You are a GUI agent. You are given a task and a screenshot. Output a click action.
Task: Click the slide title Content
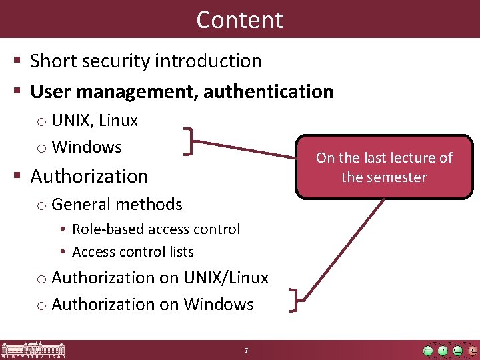(x=239, y=19)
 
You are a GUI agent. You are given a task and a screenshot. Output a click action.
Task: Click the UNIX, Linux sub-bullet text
(x=94, y=121)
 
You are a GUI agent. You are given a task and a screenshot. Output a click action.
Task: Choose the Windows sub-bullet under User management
(x=86, y=147)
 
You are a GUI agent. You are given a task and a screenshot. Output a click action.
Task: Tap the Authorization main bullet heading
(x=89, y=176)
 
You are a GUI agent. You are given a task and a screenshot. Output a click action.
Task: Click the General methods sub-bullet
(x=116, y=204)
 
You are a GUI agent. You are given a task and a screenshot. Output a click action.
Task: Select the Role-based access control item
(x=155, y=229)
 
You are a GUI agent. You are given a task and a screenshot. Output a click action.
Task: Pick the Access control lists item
(x=133, y=252)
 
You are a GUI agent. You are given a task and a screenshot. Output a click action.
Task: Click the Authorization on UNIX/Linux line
(x=159, y=277)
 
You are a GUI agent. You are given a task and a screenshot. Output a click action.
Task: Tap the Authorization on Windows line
(x=152, y=304)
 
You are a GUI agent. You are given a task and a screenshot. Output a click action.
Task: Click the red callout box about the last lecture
(x=383, y=167)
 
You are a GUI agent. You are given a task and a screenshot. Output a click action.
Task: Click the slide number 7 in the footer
(x=247, y=351)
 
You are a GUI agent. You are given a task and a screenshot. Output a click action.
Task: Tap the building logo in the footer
(x=33, y=350)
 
